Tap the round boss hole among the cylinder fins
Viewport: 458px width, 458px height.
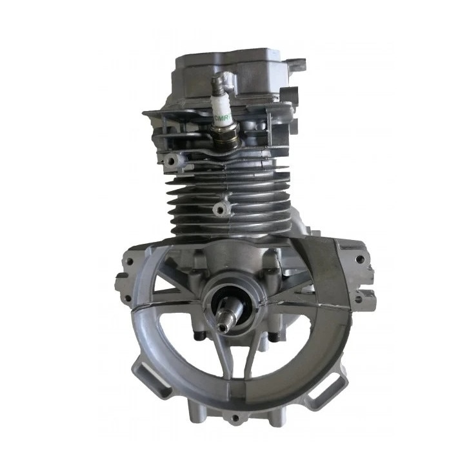tap(223, 208)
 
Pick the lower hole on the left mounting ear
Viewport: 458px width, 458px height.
tap(120, 281)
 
